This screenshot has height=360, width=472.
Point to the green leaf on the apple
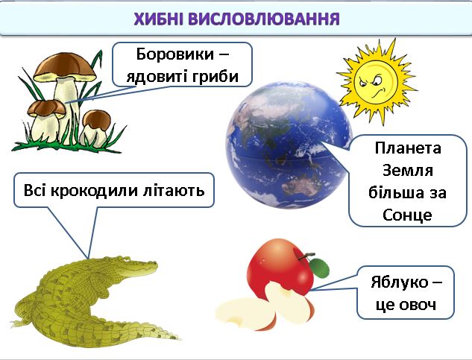click(318, 266)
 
